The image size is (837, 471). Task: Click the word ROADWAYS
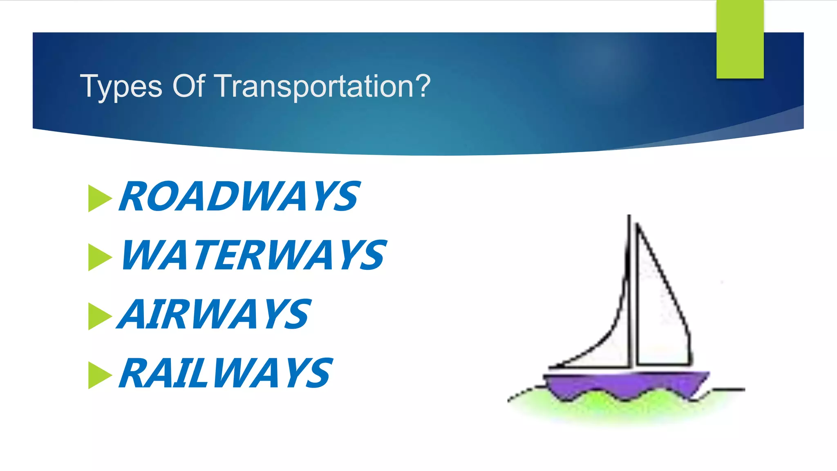click(x=239, y=197)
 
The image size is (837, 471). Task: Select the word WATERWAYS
click(x=253, y=256)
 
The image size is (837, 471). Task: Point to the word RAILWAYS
click(x=226, y=372)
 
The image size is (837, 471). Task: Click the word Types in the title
click(x=121, y=87)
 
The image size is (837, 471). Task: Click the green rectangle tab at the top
click(x=740, y=39)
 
